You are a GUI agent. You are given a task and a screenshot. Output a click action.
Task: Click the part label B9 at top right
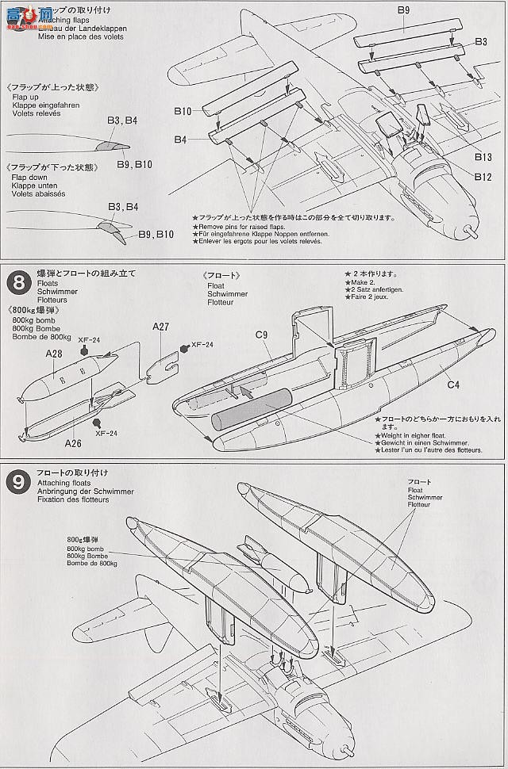(403, 10)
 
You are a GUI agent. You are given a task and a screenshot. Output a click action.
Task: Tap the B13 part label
(483, 157)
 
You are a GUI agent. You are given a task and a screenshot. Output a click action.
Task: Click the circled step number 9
(17, 480)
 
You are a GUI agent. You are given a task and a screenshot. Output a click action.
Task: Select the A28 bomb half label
(54, 354)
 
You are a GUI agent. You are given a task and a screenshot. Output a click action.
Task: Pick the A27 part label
(161, 327)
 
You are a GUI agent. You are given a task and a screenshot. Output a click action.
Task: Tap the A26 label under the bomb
(74, 442)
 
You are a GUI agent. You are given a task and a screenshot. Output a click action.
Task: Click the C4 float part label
(453, 385)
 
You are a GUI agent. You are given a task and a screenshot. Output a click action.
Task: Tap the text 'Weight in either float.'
(414, 435)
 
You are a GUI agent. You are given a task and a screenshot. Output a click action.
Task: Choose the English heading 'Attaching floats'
(63, 483)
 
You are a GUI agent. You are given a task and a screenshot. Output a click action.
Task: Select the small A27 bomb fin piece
(164, 365)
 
